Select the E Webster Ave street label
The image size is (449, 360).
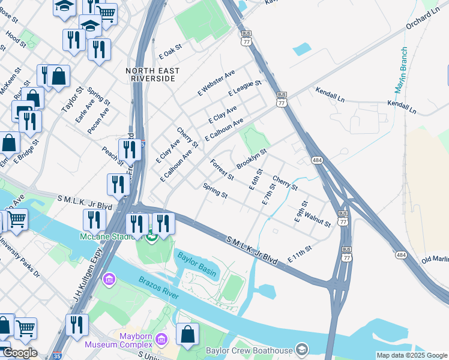[216, 83]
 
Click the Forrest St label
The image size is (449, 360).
[221, 169]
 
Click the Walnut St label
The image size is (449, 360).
[317, 220]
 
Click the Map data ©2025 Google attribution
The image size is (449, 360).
[411, 355]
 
